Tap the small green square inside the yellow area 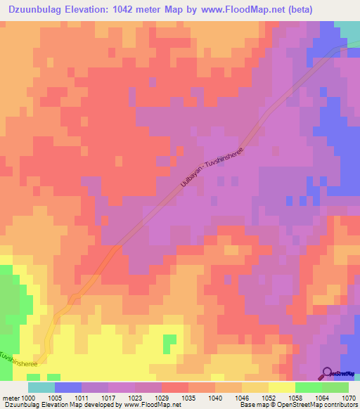click(169, 344)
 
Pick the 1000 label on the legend click(28, 398)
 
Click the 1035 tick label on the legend click(188, 398)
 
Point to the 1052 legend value click(269, 398)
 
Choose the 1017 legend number click(108, 398)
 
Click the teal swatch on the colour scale click(41, 387)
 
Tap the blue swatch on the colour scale click(68, 387)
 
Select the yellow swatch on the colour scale click(282, 387)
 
